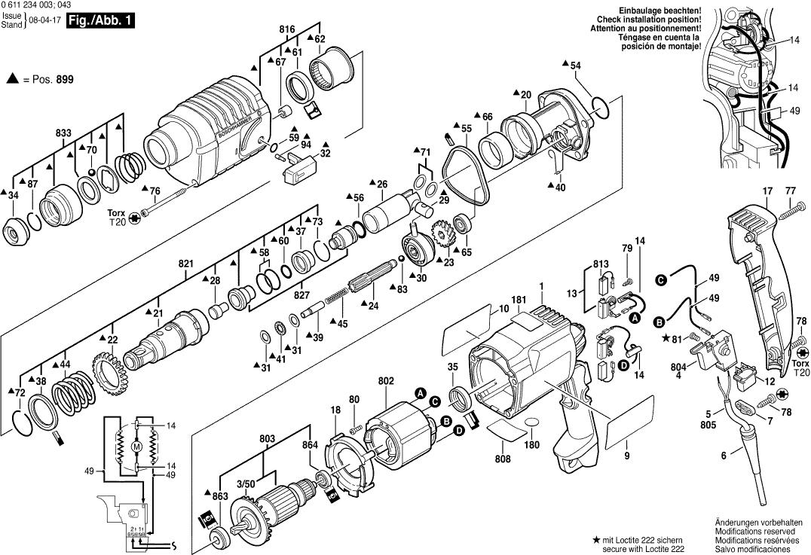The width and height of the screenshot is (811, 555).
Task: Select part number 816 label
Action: pyautogui.click(x=287, y=29)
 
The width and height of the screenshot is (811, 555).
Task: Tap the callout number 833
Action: pyautogui.click(x=63, y=133)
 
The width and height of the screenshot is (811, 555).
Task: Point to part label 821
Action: pyautogui.click(x=186, y=264)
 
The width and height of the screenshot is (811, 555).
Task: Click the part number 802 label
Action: pyautogui.click(x=386, y=382)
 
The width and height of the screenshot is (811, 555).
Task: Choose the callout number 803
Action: pyautogui.click(x=266, y=438)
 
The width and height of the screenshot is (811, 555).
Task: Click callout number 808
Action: pyautogui.click(x=503, y=459)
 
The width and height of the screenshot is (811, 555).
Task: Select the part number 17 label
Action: pyautogui.click(x=767, y=191)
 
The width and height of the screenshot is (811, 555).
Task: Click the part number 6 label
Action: pyautogui.click(x=724, y=455)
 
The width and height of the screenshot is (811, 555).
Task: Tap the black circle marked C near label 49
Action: pyautogui.click(x=661, y=280)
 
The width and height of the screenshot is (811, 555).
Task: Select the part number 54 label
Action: pyautogui.click(x=575, y=66)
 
